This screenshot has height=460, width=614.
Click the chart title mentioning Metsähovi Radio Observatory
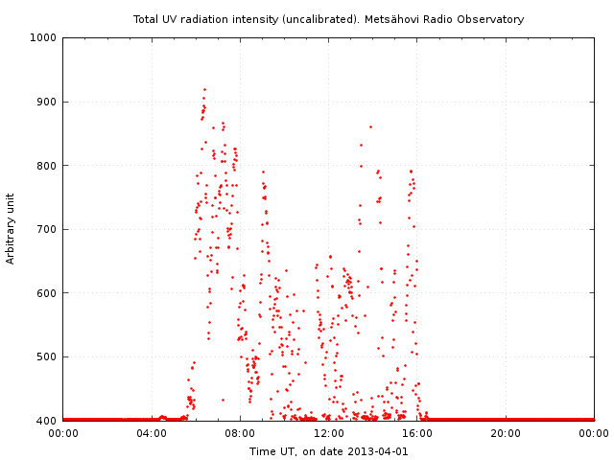328,19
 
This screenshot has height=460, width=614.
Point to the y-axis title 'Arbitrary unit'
11,228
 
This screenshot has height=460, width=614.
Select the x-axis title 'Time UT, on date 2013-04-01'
328,451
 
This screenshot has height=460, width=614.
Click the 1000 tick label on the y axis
43,38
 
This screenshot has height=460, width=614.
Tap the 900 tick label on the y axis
46,102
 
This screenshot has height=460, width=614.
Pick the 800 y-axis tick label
46,166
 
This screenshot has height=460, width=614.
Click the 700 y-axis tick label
46,229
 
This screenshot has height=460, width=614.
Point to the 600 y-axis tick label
46,293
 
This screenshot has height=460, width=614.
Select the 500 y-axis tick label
46,356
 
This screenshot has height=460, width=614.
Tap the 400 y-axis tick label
46,421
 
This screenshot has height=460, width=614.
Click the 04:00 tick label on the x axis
152,433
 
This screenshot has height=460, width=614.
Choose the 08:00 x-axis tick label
240,433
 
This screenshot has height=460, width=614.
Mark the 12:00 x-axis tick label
328,433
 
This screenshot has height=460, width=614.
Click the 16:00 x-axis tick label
417,433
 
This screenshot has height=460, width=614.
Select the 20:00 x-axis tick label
506,433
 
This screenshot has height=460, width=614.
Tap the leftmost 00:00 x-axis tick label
63,433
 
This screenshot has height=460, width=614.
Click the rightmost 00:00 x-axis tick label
594,433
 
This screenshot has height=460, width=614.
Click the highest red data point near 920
204,89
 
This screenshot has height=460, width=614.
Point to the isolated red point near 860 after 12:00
370,126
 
